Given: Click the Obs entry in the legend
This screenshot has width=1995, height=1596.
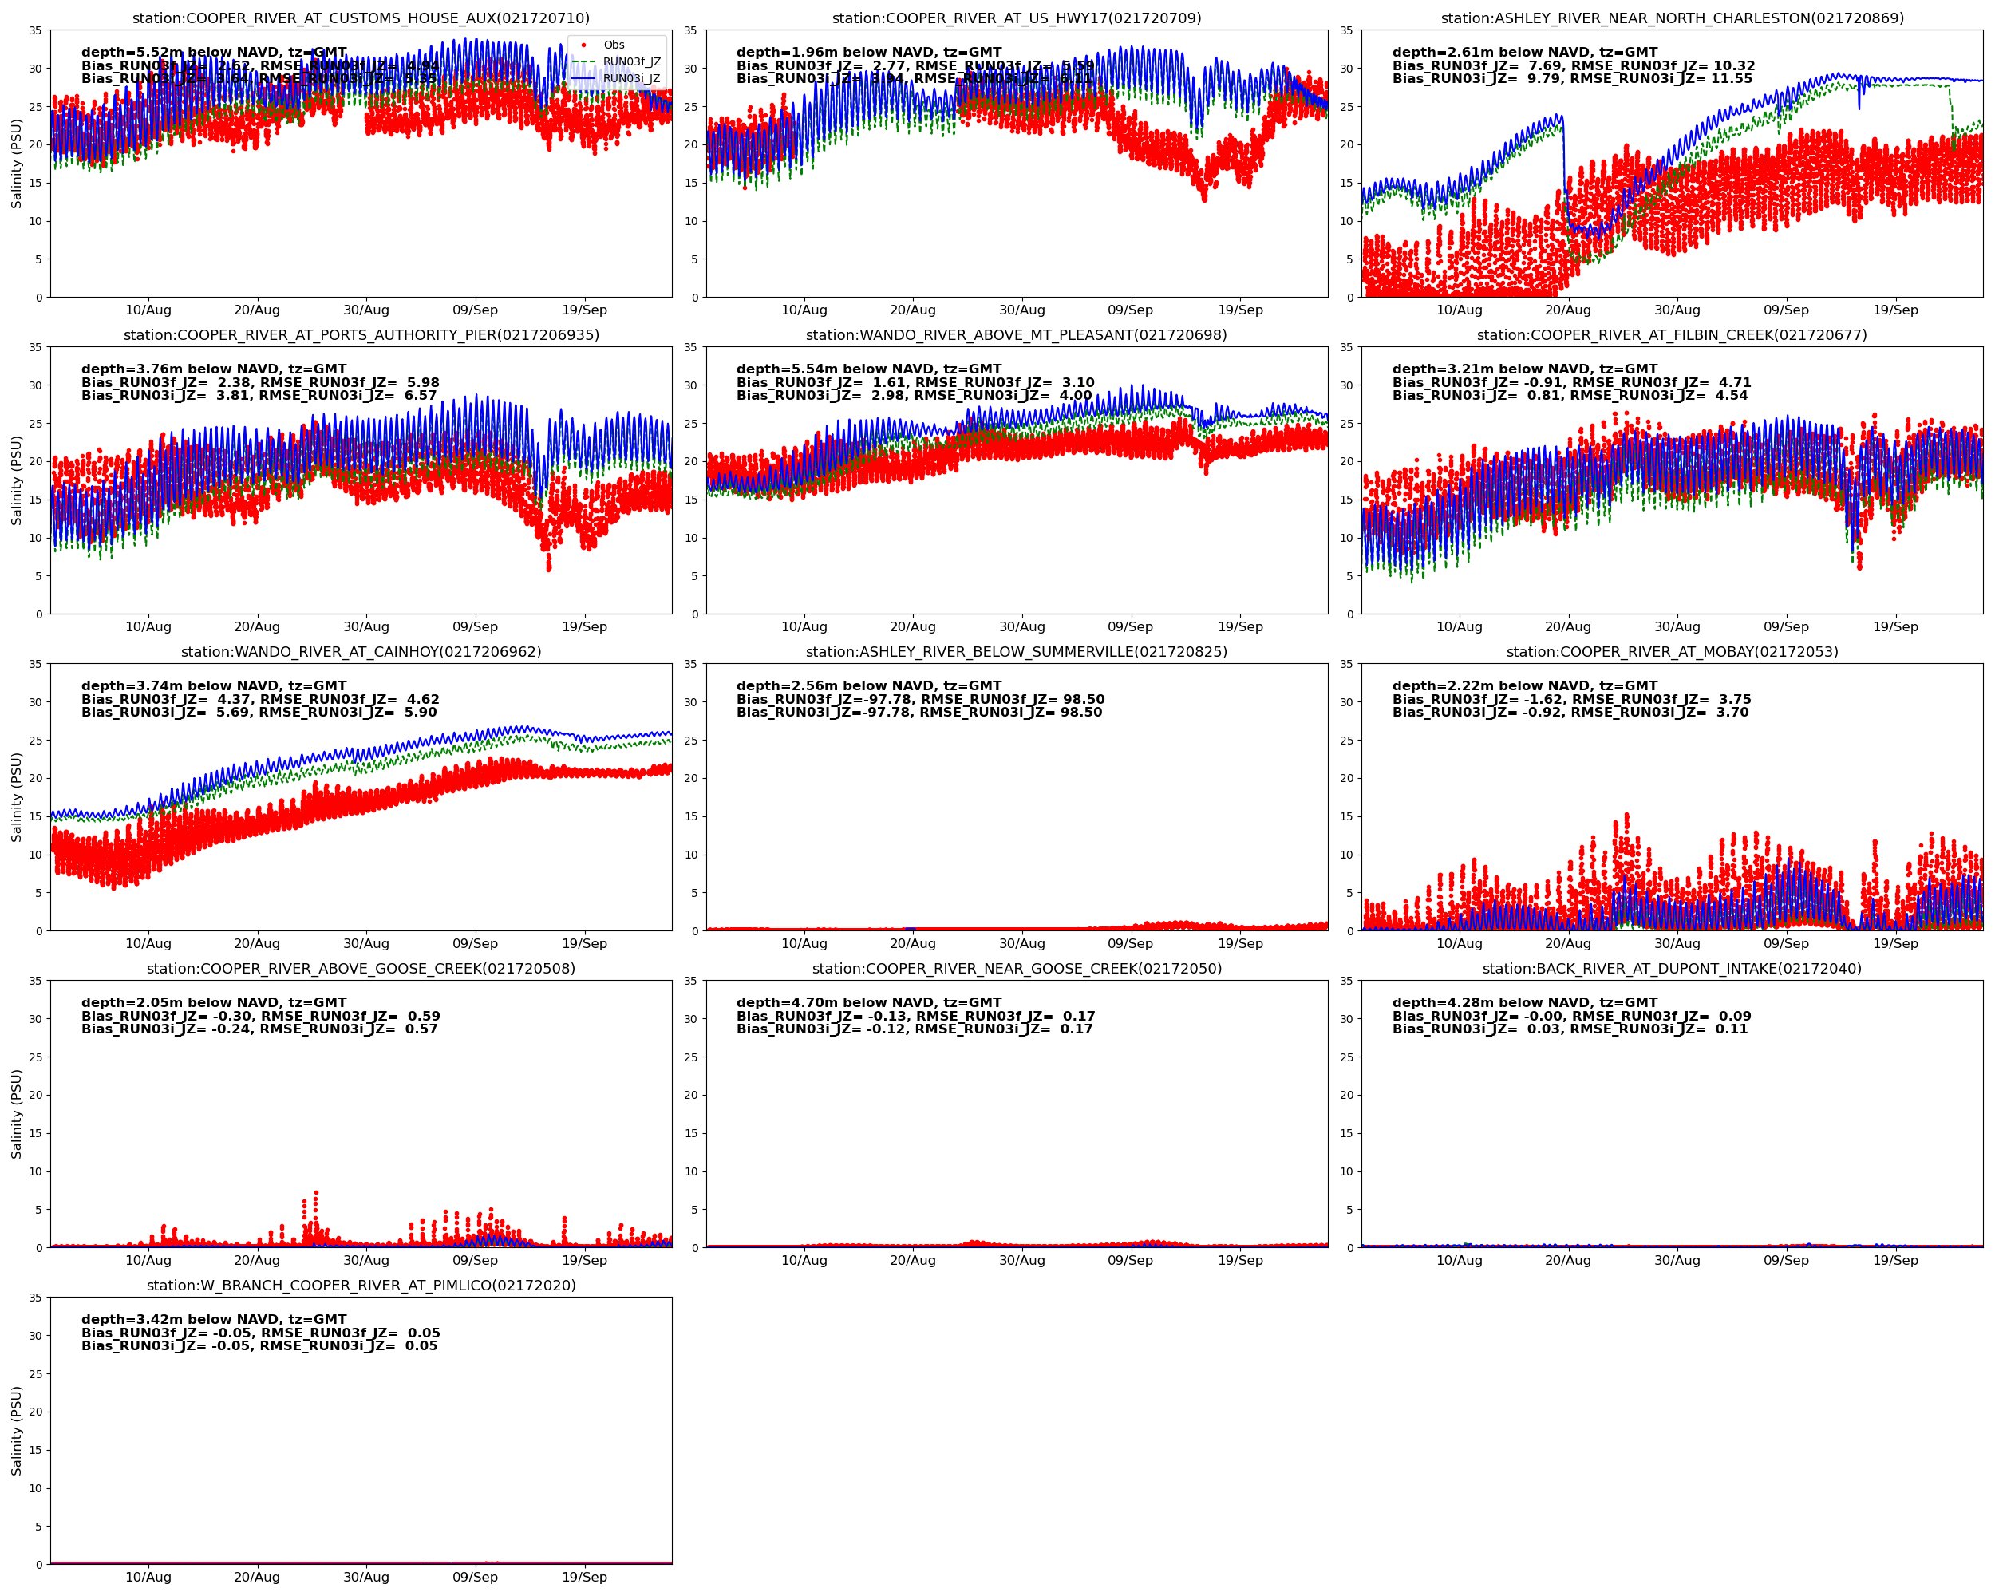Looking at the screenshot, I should (614, 45).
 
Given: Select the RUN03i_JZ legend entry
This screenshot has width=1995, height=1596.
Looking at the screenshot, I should (631, 79).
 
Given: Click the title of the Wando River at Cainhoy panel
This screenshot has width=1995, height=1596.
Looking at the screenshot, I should (361, 651).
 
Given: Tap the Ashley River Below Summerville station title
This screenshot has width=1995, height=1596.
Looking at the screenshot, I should (1016, 651).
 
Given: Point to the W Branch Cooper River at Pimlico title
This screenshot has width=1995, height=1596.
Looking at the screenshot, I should (361, 1285).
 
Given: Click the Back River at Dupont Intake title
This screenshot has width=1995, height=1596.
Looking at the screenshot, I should (1671, 969).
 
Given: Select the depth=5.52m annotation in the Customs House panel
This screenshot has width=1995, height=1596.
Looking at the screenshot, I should (214, 53).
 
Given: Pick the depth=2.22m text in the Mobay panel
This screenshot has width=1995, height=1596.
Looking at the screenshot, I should (1524, 685).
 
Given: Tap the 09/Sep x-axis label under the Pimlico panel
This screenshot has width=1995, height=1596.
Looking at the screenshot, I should (475, 1577).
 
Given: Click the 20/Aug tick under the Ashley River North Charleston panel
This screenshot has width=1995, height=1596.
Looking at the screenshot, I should (1567, 310).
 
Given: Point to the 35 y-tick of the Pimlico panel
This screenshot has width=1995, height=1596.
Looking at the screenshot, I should (35, 1298).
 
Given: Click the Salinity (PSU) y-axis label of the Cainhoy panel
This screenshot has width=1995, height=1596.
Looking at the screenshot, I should (16, 796).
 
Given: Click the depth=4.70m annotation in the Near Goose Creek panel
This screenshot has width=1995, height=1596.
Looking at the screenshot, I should (869, 1003).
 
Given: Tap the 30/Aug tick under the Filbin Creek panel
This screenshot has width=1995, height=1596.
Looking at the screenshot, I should (1677, 626).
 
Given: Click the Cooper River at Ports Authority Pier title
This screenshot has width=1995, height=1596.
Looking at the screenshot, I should (361, 335).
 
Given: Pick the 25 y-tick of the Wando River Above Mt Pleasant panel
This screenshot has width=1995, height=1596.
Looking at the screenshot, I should (690, 424).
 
